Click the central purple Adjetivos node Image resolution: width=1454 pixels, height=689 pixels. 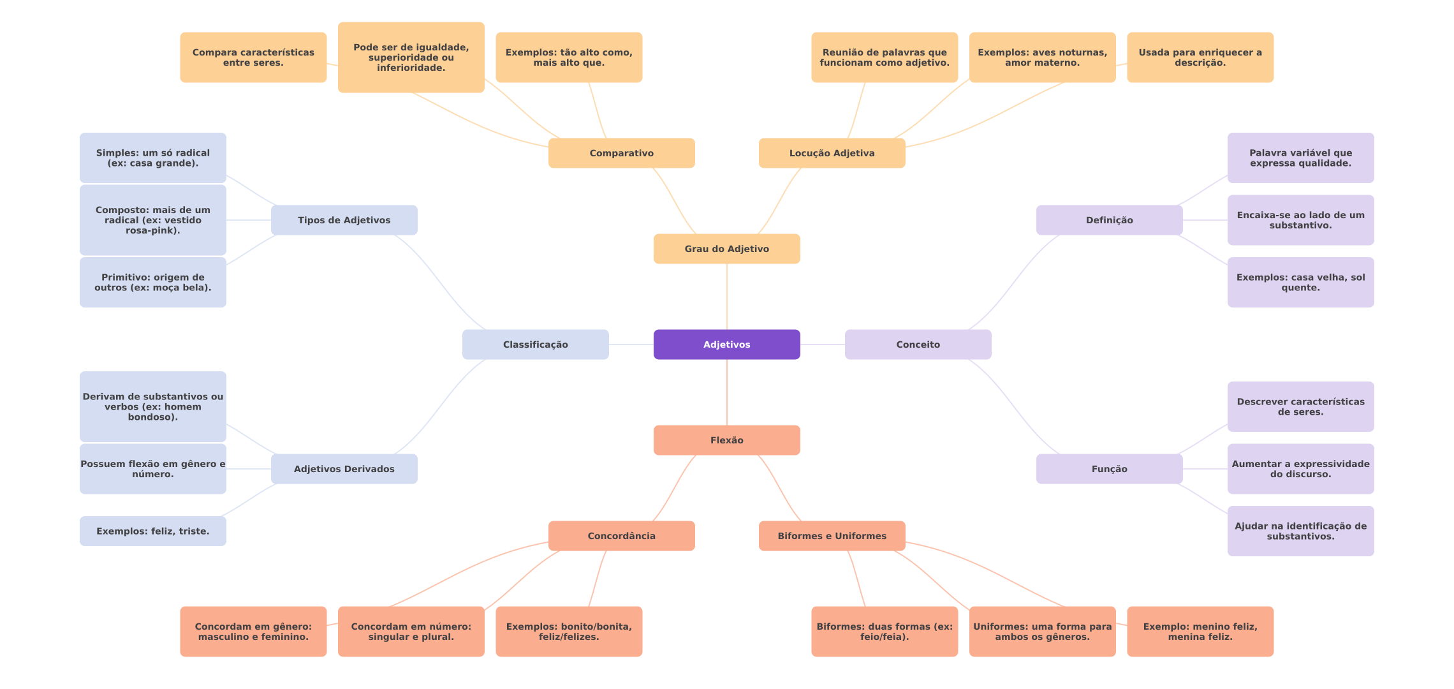coord(727,344)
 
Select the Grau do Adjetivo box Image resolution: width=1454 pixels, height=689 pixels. coord(727,249)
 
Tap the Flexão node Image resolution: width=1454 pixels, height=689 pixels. coord(727,440)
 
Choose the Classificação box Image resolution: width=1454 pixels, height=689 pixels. coord(536,344)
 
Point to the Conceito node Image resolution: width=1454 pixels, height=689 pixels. coord(918,344)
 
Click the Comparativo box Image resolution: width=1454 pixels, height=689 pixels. coord(622,153)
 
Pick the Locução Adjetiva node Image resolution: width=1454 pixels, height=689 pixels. coord(832,153)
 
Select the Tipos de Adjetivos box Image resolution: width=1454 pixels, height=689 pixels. coord(344,220)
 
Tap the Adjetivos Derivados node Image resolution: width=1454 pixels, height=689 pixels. coord(344,469)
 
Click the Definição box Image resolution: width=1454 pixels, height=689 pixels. coord(1110,220)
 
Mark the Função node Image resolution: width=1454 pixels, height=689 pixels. coord(1110,469)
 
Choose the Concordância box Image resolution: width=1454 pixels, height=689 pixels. coord(622,536)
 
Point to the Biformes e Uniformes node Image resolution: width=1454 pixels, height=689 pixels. coord(832,536)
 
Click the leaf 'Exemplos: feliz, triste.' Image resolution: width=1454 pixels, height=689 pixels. coord(153,531)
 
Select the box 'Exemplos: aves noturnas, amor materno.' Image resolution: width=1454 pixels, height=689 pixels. coord(1043,57)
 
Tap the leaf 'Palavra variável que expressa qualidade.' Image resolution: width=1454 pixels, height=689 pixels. coord(1301,158)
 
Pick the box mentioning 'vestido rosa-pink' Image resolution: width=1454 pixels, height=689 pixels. coord(153,220)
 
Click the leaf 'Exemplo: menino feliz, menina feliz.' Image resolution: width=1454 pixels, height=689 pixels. coord(1200,632)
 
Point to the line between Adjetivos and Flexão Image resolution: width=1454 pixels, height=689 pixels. coord(727,392)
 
